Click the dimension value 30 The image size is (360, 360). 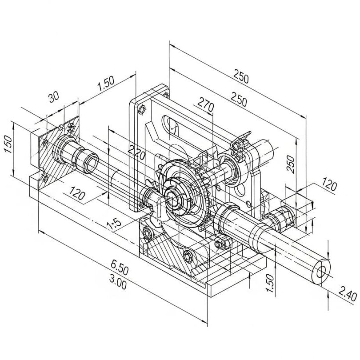[x=54, y=97]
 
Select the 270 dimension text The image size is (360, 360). [x=205, y=107]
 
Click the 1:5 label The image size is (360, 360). [x=114, y=224]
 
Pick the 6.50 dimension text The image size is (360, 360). [x=119, y=269]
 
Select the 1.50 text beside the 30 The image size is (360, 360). [x=106, y=84]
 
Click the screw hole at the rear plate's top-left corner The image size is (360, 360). [x=142, y=109]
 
